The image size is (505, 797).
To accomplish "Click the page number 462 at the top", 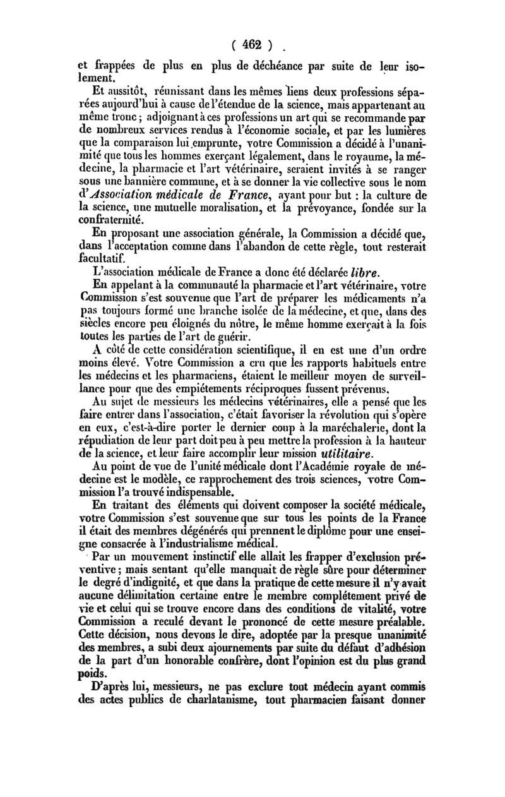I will [x=252, y=45].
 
